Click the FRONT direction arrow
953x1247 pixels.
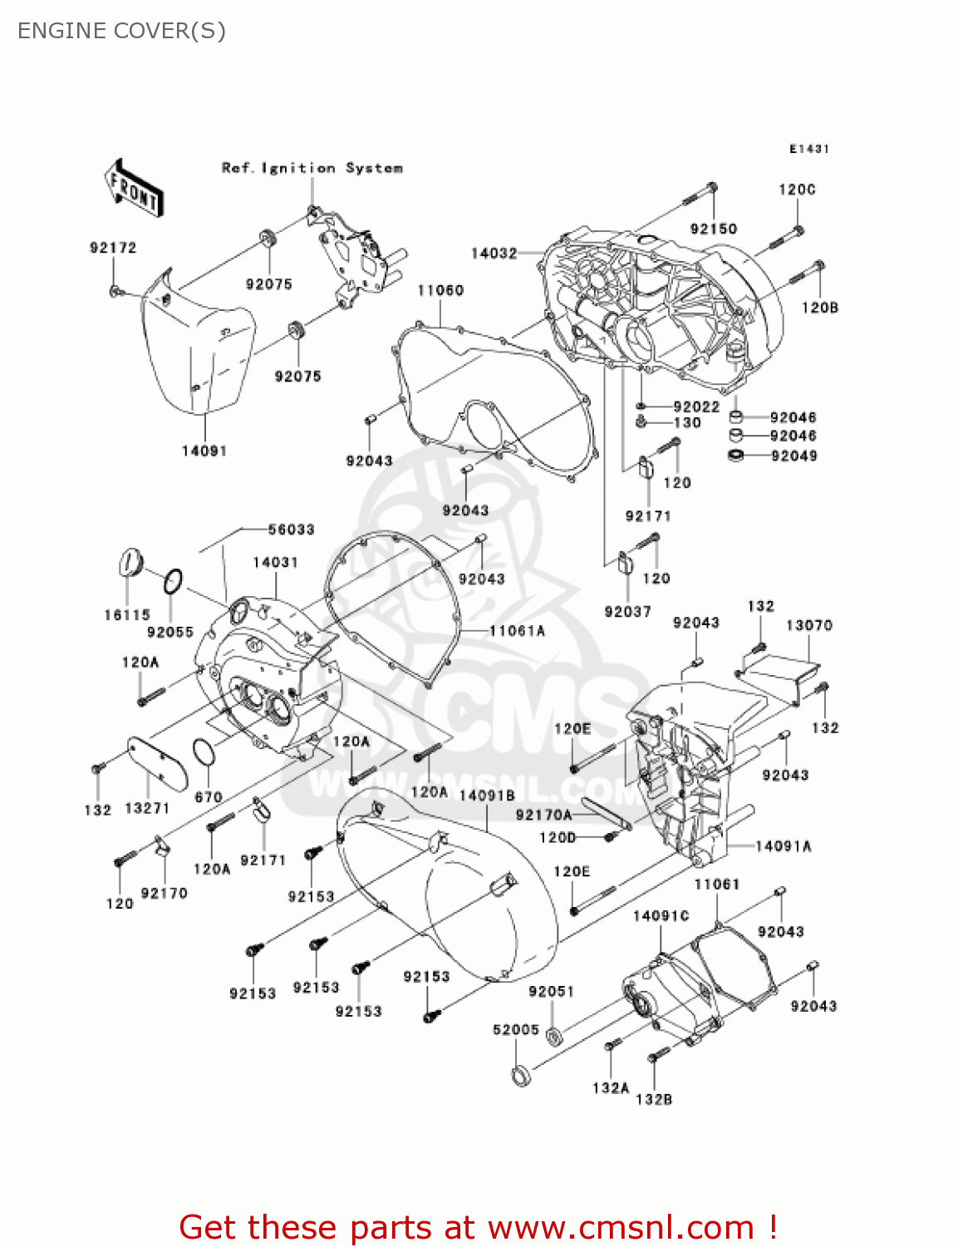134,189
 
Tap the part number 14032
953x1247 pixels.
494,253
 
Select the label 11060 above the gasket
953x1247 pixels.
440,290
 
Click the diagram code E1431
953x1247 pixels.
808,149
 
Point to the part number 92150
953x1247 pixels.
714,229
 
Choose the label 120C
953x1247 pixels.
797,190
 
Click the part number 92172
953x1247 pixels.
113,248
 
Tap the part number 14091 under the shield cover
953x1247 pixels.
204,451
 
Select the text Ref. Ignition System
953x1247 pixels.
312,168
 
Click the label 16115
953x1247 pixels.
127,615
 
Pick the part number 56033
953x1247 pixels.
291,530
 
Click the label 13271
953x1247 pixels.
147,808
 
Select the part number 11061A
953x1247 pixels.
517,631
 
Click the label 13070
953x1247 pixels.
808,625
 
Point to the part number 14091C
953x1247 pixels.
661,915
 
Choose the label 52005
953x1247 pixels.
516,1029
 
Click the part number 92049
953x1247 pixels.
793,456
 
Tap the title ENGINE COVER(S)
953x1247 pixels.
121,31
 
